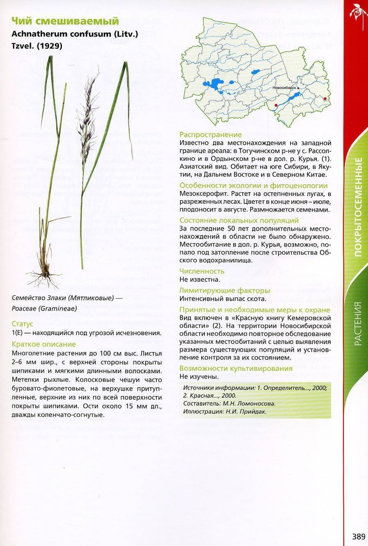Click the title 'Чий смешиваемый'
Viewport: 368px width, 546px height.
click(x=65, y=21)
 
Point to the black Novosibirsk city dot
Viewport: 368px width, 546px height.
click(x=298, y=88)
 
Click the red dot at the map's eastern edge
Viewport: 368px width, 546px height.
click(x=325, y=98)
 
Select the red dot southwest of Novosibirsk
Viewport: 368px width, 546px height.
click(x=276, y=105)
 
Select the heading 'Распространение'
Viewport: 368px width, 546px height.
click(x=211, y=135)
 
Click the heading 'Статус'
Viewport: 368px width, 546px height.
click(x=23, y=324)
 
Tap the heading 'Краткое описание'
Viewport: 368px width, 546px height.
click(x=44, y=344)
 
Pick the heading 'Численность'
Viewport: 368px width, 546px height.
click(x=202, y=271)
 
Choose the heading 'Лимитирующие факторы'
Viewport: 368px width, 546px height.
click(x=223, y=291)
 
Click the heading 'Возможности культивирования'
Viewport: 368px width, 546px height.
click(x=236, y=368)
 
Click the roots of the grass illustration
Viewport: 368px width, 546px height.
click(x=43, y=278)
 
